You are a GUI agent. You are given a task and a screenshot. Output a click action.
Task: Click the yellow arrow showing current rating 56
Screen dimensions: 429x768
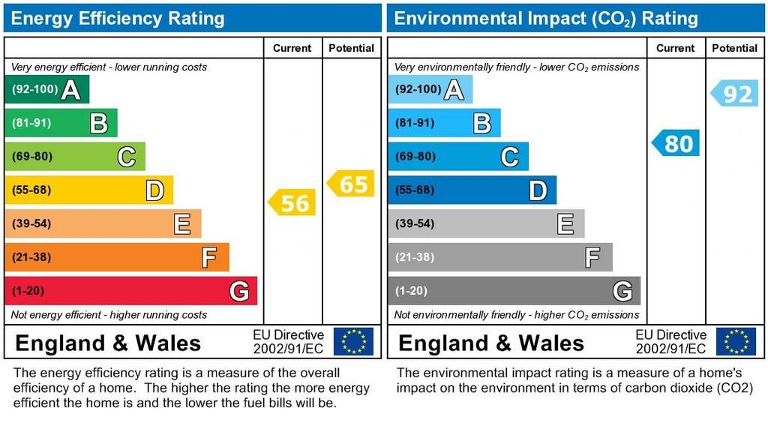(292, 202)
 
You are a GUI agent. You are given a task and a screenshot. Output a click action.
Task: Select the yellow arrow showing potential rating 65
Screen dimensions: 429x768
(351, 184)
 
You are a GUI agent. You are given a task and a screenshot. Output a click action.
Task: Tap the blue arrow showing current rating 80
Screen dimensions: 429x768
(676, 142)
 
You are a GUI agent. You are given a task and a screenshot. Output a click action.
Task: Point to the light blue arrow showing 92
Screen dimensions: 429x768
(734, 93)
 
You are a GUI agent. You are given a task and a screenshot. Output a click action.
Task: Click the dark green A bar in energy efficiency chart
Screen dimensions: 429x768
(46, 90)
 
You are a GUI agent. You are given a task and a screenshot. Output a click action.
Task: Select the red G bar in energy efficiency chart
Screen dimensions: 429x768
(130, 291)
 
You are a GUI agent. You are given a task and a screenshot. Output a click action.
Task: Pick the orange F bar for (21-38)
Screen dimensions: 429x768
(116, 257)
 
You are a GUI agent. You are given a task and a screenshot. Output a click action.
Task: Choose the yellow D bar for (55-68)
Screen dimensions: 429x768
(88, 190)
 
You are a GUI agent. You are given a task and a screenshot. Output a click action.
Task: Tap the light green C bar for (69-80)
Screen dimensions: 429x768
(74, 157)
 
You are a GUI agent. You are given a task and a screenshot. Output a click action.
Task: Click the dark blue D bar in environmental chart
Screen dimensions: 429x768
(472, 190)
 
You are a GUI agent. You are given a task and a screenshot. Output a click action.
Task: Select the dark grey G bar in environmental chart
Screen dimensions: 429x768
(514, 291)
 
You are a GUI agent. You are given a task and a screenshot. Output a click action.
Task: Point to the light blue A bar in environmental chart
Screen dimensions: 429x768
(430, 90)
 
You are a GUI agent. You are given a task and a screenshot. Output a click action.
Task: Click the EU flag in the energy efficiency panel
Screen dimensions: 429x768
(353, 341)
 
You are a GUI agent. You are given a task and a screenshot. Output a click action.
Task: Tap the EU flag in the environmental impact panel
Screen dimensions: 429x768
(736, 341)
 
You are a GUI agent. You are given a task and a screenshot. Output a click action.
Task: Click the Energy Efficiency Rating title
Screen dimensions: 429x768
(118, 18)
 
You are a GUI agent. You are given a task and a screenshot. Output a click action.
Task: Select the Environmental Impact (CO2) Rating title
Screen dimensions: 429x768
(546, 18)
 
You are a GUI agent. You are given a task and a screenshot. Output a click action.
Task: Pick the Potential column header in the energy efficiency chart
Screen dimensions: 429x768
(351, 48)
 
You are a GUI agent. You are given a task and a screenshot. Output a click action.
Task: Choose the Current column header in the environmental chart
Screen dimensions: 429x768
(675, 48)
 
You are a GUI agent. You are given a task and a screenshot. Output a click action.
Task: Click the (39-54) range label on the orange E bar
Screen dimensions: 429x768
(31, 223)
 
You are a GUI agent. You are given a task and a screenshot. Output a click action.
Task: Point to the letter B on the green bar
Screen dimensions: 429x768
(98, 123)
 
